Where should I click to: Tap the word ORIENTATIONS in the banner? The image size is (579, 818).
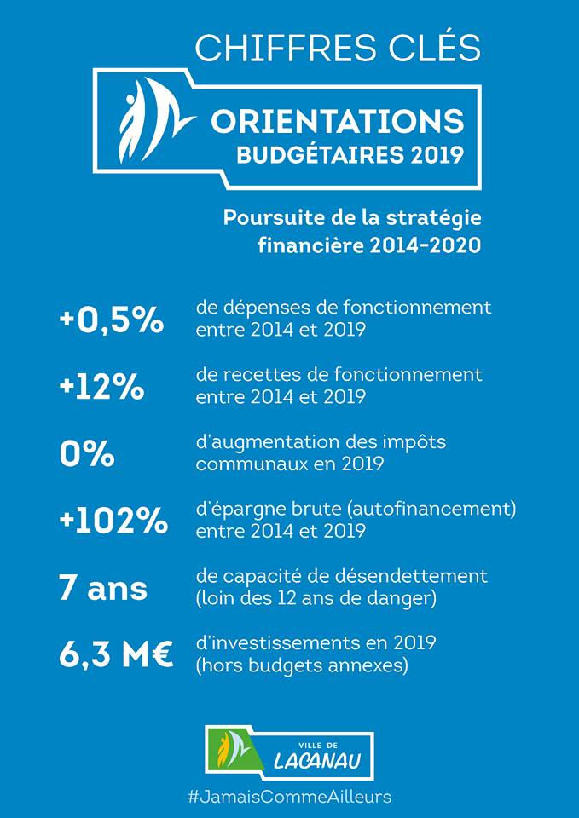click(x=338, y=122)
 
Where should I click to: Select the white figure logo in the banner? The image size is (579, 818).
click(x=153, y=120)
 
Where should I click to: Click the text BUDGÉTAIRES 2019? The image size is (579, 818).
click(x=350, y=154)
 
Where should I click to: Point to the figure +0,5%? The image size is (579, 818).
click(x=112, y=322)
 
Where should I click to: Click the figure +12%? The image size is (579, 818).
click(x=101, y=389)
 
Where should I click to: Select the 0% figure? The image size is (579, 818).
click(x=87, y=455)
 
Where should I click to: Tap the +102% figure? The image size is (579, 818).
click(x=113, y=521)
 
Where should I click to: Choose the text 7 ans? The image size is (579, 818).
click(x=103, y=589)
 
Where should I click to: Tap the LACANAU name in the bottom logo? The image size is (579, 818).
click(x=317, y=762)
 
